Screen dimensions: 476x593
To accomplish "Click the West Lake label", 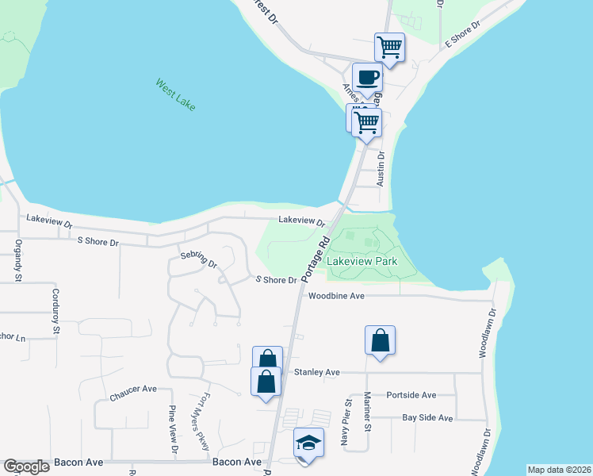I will click(x=175, y=94).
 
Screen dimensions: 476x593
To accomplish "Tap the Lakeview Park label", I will click(x=362, y=260).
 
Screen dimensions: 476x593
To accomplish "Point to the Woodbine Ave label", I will click(x=336, y=296).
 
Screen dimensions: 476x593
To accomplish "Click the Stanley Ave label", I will click(x=316, y=371).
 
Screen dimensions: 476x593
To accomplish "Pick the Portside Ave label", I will click(x=411, y=394).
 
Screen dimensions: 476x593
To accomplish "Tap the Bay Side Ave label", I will click(x=427, y=417).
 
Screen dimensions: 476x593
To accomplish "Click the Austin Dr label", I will click(x=381, y=168).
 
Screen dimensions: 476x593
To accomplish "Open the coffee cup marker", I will click(x=367, y=78).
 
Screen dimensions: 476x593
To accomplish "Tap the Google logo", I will click(x=26, y=466).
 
